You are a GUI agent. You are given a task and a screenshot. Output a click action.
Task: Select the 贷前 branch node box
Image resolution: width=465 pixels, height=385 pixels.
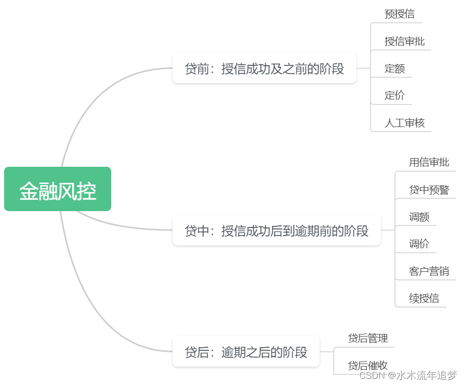(x=264, y=68)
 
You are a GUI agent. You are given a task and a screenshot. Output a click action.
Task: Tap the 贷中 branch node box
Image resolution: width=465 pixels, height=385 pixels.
(x=276, y=230)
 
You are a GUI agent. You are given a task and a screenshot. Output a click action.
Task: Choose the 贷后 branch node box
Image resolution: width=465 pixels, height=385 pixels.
(x=246, y=351)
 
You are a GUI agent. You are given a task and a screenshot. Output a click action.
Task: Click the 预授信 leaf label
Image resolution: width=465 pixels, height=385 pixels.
(x=399, y=14)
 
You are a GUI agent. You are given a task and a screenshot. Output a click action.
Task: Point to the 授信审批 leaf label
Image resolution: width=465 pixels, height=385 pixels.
(x=404, y=41)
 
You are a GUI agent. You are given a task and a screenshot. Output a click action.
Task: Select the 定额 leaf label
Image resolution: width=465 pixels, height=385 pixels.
(x=395, y=68)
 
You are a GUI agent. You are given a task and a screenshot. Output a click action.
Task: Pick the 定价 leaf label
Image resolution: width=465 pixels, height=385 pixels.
(x=395, y=95)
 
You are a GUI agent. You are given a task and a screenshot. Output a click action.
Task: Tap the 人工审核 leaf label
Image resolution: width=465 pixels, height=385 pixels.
(x=404, y=123)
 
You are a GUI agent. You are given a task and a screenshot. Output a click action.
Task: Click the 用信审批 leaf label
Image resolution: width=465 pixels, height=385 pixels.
(x=429, y=162)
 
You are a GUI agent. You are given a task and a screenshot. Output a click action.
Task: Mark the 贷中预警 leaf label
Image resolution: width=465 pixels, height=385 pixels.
(x=429, y=190)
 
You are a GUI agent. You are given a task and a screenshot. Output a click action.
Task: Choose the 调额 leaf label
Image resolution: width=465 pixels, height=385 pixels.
(x=419, y=217)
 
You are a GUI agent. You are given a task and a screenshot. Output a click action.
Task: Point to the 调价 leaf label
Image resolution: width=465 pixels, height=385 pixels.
(x=419, y=244)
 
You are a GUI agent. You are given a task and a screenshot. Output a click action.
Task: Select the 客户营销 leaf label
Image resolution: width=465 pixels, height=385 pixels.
(x=429, y=271)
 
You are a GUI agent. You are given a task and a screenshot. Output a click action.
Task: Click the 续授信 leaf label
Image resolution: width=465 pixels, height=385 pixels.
(x=424, y=298)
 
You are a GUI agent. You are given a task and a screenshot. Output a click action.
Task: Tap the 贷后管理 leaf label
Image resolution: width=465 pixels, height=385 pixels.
(x=368, y=338)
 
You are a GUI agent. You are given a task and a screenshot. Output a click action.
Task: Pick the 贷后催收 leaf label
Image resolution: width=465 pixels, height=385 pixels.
(x=368, y=365)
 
